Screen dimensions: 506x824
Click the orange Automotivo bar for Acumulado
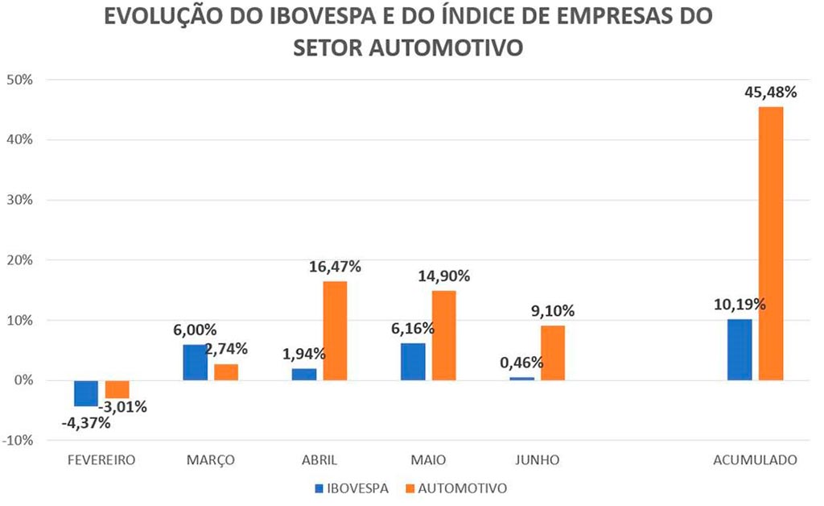(x=770, y=243)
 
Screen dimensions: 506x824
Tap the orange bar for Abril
(x=335, y=330)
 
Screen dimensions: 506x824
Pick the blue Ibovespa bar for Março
(x=195, y=363)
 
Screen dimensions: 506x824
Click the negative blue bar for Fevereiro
(x=86, y=393)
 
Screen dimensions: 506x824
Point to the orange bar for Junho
(x=552, y=353)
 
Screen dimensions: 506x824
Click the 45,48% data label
(x=770, y=92)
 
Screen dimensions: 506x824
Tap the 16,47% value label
(x=335, y=267)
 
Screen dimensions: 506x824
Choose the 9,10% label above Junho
(x=552, y=311)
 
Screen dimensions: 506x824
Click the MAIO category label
(x=427, y=460)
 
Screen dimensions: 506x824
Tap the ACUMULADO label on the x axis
(x=755, y=460)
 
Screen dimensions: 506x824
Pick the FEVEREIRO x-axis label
(x=101, y=460)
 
